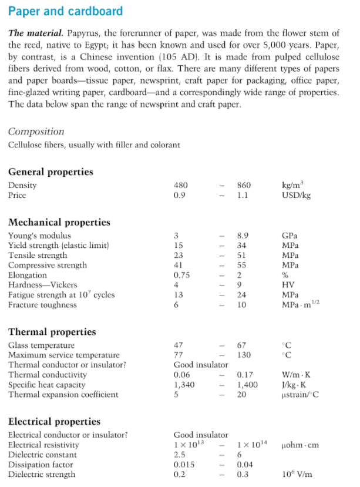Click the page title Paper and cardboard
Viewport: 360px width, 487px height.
click(66, 11)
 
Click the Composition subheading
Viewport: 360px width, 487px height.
click(36, 132)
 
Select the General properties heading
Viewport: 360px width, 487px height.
click(51, 172)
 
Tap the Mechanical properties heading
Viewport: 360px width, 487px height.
click(59, 223)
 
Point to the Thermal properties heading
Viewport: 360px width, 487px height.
click(52, 332)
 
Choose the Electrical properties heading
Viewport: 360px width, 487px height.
click(54, 422)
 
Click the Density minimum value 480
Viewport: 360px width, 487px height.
click(181, 185)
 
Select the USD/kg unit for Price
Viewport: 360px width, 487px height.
click(296, 195)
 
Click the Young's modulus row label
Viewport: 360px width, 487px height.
click(39, 236)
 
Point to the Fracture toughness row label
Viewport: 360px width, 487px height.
click(42, 305)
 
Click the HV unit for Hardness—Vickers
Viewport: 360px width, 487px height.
click(288, 285)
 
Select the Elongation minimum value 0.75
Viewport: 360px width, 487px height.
click(182, 275)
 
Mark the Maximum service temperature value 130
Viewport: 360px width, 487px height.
click(244, 355)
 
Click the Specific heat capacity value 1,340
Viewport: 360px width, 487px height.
click(185, 385)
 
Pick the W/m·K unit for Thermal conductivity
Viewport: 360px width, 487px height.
click(297, 375)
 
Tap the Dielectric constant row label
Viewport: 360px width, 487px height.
click(42, 455)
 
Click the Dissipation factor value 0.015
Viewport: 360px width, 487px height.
click(184, 465)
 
